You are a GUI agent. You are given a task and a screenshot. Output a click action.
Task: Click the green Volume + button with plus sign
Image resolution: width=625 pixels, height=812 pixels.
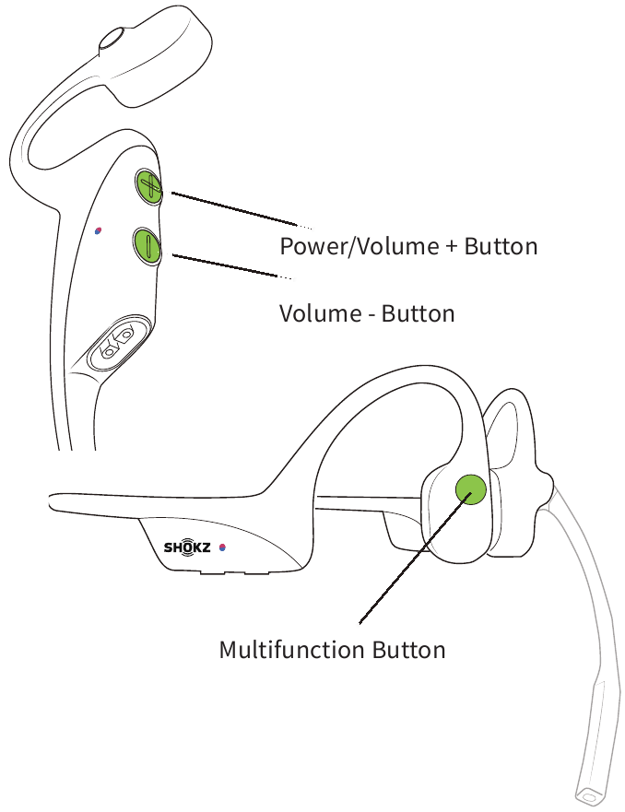pyautogui.click(x=149, y=186)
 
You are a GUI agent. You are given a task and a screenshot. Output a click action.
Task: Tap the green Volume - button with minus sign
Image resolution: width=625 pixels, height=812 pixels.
pyautogui.click(x=147, y=245)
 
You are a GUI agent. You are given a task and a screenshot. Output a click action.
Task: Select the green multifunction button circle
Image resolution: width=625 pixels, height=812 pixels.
pyautogui.click(x=471, y=490)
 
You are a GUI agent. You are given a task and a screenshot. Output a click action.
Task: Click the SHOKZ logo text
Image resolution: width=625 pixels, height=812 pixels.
pyautogui.click(x=187, y=547)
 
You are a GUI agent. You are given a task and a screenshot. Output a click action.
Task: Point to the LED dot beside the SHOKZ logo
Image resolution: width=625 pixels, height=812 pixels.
pyautogui.click(x=222, y=547)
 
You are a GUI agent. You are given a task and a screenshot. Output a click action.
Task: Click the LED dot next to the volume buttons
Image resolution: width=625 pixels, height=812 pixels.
pyautogui.click(x=98, y=230)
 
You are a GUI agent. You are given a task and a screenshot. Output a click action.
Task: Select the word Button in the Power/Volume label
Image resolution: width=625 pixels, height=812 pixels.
pyautogui.click(x=501, y=246)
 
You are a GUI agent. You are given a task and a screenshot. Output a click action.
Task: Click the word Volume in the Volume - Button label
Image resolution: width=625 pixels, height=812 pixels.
pyautogui.click(x=321, y=313)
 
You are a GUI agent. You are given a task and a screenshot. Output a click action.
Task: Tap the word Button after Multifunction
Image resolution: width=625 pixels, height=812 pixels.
pyautogui.click(x=408, y=650)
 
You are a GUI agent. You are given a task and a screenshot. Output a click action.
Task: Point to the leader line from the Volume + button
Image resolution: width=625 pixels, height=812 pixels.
pyautogui.click(x=242, y=210)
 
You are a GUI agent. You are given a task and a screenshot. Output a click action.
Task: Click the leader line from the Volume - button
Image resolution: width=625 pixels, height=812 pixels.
pyautogui.click(x=232, y=266)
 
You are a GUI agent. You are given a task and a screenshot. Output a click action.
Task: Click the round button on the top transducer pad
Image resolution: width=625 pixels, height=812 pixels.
pyautogui.click(x=112, y=39)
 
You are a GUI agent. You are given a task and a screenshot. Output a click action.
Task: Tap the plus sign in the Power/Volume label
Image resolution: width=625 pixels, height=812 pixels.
pyautogui.click(x=452, y=247)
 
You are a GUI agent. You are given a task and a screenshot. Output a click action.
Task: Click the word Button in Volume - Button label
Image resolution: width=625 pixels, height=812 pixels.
pyautogui.click(x=418, y=313)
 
